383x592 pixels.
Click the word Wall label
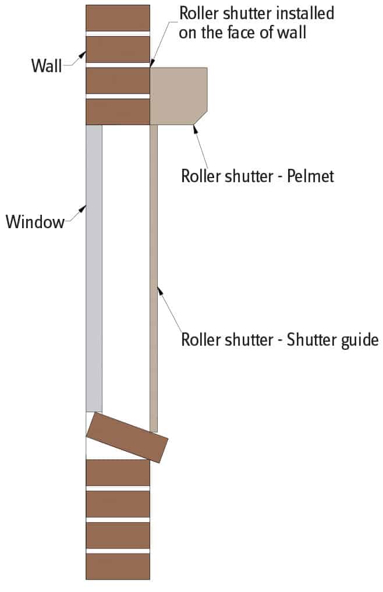47,66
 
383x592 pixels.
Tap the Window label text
35,222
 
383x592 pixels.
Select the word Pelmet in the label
310,176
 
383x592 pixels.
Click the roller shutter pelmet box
178,96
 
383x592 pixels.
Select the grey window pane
94,268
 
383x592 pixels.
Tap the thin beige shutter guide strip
154,279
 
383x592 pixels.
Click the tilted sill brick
127,437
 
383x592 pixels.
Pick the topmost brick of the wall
118,17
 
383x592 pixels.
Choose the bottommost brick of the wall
118,566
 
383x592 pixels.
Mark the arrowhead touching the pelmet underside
195,129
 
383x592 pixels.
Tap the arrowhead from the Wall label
82,55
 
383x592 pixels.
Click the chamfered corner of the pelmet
201,118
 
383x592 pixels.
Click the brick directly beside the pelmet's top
118,80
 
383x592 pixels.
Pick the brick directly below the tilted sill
118,472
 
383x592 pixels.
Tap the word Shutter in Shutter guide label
306,339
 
